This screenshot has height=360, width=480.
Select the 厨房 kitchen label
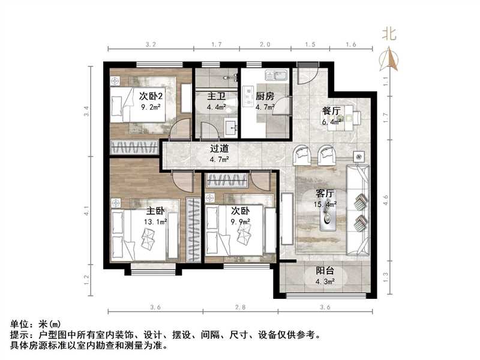click(x=265, y=96)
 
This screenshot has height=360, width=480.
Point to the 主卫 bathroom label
click(x=216, y=96)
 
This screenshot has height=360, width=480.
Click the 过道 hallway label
click(x=219, y=148)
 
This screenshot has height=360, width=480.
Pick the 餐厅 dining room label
click(x=332, y=111)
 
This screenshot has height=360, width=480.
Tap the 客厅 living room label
click(x=325, y=193)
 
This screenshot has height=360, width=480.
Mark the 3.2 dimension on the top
click(x=151, y=44)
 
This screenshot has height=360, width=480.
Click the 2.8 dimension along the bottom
click(x=241, y=307)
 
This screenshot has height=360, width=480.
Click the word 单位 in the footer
click(x=19, y=324)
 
